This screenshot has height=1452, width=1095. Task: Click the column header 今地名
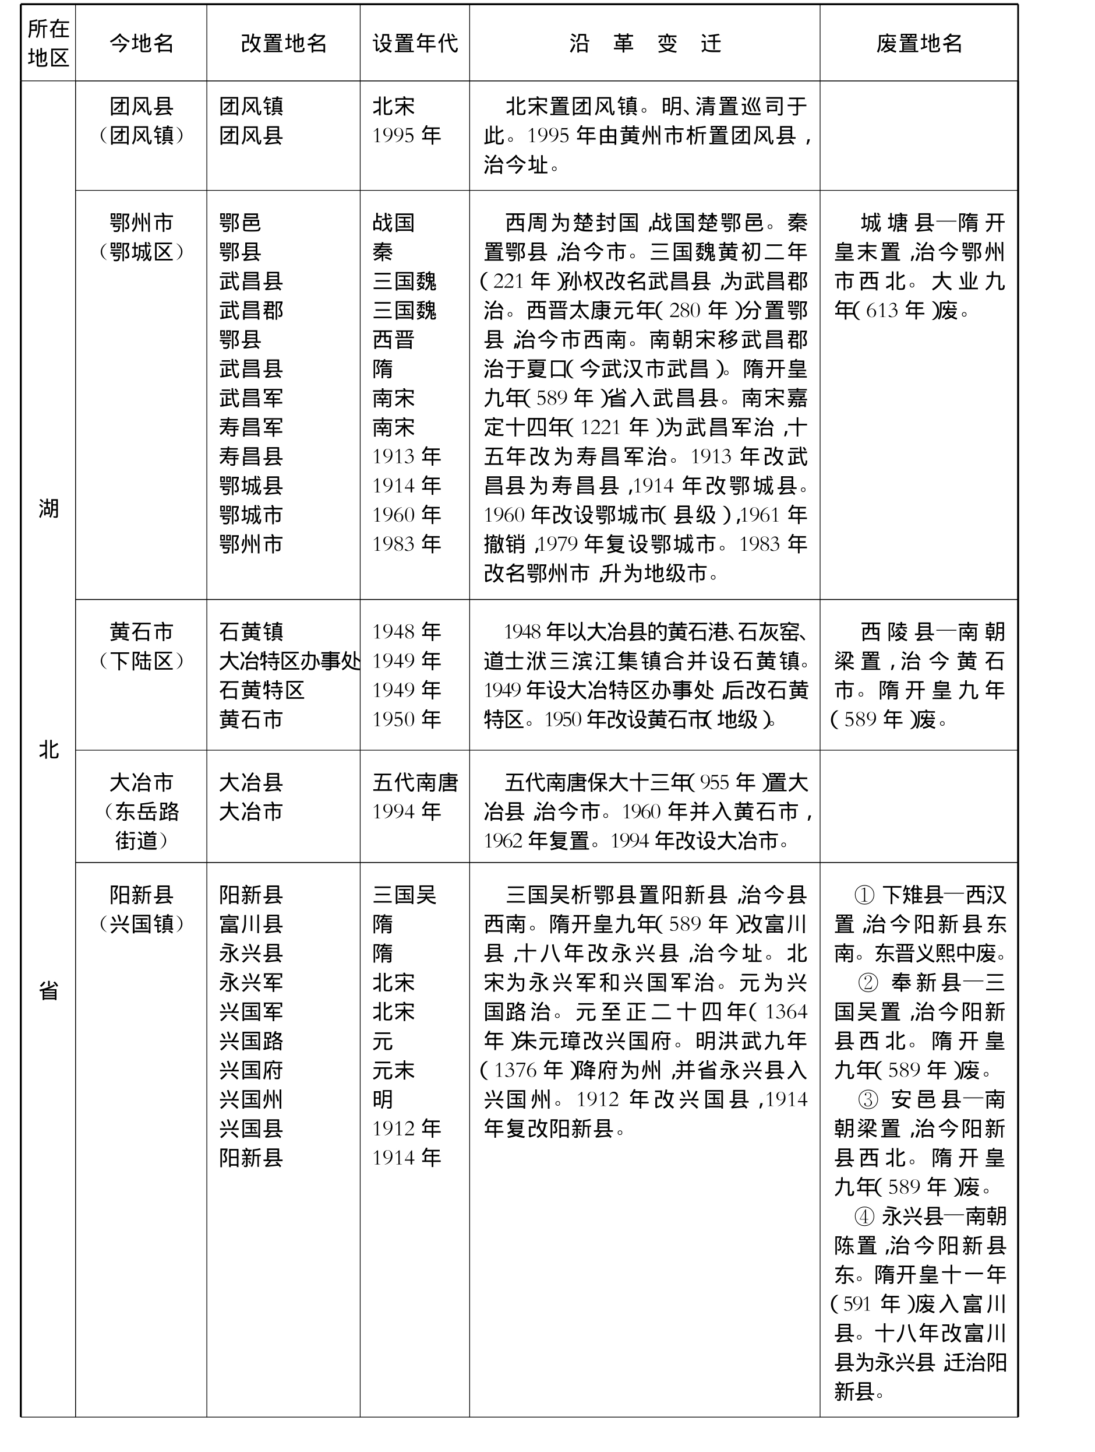click(x=141, y=43)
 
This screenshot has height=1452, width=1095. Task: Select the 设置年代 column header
click(x=415, y=43)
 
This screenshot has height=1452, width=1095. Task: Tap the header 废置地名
click(x=919, y=43)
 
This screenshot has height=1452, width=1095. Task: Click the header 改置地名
click(x=284, y=43)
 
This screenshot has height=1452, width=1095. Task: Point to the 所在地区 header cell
click(x=48, y=43)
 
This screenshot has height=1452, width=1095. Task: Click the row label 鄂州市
click(x=141, y=223)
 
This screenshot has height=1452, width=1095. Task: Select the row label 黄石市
click(x=141, y=632)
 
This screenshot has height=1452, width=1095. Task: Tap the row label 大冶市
click(x=141, y=782)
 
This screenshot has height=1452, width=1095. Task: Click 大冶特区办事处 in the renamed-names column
click(x=289, y=661)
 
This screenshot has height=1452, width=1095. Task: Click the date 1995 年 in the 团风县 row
click(x=406, y=136)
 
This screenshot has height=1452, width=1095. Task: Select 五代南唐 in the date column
click(x=415, y=782)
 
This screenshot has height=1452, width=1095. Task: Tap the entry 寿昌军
click(x=250, y=427)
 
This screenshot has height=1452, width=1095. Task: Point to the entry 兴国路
click(x=250, y=1041)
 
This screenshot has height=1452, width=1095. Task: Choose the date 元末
click(x=393, y=1071)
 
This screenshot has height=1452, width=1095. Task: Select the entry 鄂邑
click(x=240, y=223)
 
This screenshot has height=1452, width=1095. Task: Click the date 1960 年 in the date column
click(x=406, y=515)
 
